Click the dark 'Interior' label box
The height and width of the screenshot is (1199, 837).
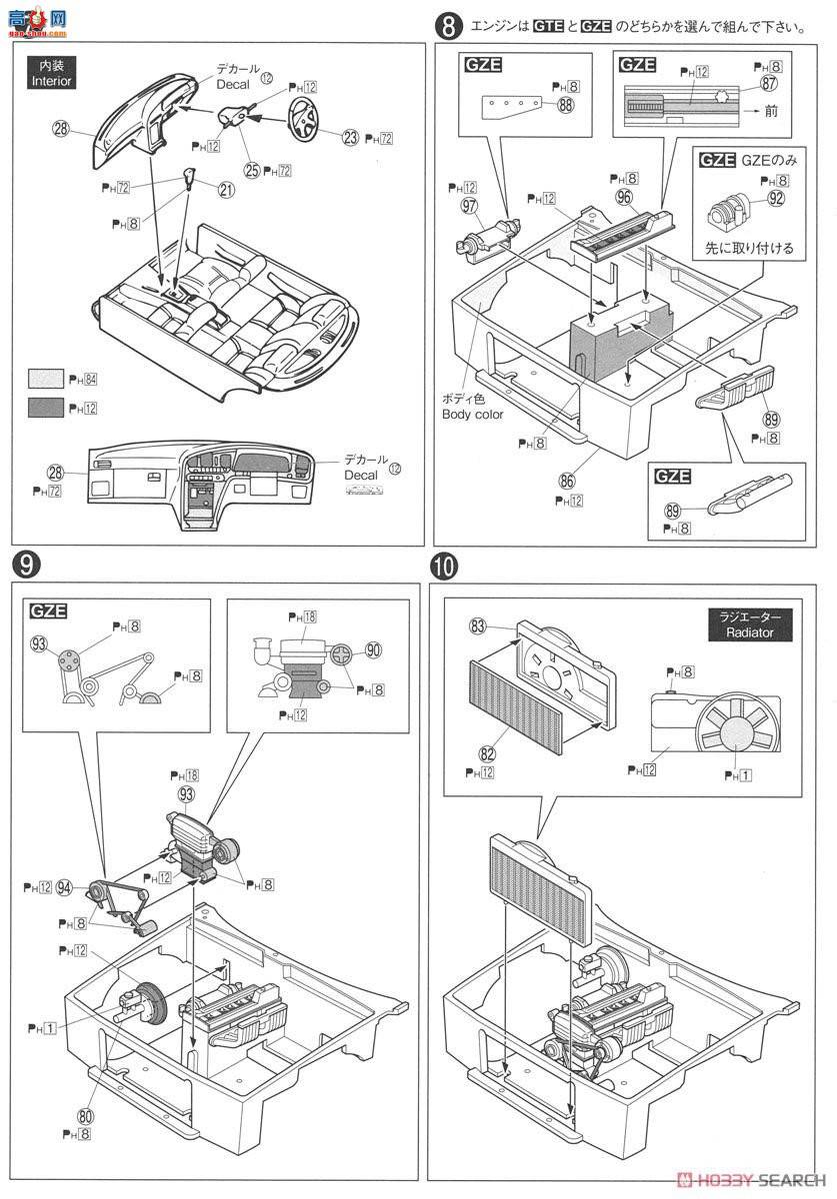pos(50,74)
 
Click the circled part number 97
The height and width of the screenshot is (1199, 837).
pos(468,206)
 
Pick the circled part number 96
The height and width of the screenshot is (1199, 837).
pos(624,197)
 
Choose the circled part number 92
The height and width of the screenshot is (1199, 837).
pos(776,198)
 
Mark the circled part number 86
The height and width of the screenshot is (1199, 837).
pos(568,482)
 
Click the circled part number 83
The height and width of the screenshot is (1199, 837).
pos(477,626)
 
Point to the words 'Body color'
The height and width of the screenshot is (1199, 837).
pos(475,414)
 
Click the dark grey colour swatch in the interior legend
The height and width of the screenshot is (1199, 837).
pos(46,408)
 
